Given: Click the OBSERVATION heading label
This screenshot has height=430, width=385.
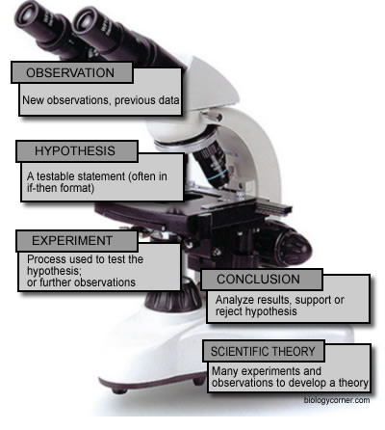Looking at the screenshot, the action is click(x=70, y=72).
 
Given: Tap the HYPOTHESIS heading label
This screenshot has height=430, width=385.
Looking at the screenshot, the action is click(x=75, y=150).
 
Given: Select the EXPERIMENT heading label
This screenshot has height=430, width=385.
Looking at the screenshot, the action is click(x=72, y=240).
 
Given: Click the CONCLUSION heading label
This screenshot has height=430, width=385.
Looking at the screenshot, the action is click(x=258, y=279).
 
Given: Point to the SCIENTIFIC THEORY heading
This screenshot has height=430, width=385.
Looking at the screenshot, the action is click(x=263, y=351).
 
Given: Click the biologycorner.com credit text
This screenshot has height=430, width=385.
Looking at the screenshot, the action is click(x=337, y=400).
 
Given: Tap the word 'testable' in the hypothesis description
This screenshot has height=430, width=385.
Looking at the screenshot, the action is click(x=56, y=176).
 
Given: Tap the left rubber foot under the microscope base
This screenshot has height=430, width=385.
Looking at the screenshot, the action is click(x=119, y=390).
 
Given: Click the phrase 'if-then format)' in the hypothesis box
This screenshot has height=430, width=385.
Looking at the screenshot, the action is click(x=61, y=188).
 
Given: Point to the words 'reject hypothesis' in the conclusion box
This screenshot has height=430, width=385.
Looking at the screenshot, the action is click(x=256, y=311).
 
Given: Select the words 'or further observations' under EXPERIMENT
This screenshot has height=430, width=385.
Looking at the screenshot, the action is click(x=81, y=282).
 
